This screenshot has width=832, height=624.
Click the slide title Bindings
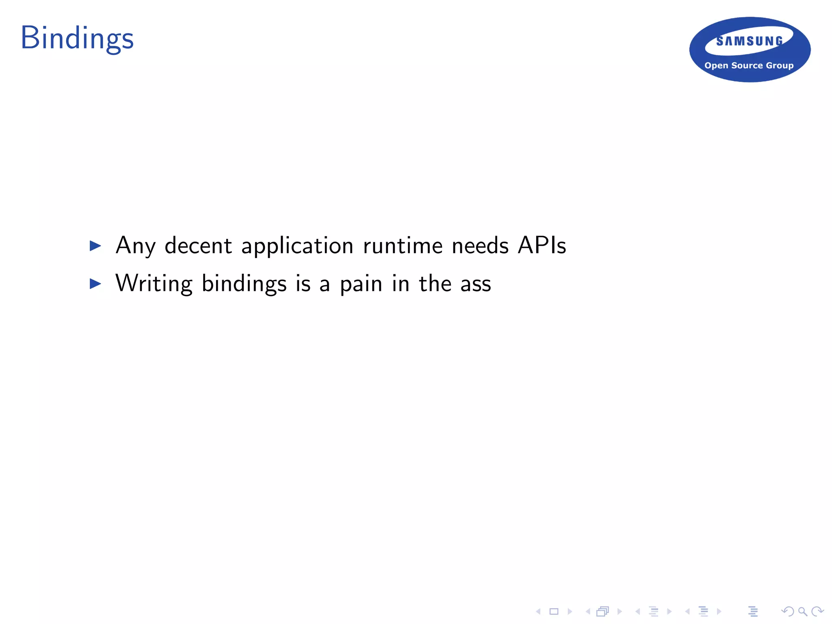(x=77, y=39)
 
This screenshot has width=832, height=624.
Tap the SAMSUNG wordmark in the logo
(x=750, y=41)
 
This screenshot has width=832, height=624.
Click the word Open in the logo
(x=716, y=65)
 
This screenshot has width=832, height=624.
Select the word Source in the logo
(x=747, y=65)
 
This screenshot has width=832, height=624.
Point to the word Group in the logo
(x=780, y=66)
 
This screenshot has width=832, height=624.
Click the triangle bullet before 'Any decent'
(x=95, y=245)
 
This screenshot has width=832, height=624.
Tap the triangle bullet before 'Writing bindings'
(x=95, y=284)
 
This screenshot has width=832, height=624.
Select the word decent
(x=198, y=245)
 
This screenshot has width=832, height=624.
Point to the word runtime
(x=403, y=245)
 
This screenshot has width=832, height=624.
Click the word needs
(x=480, y=245)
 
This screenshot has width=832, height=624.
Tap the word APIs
(x=542, y=245)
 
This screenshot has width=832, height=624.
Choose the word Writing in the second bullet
(x=154, y=284)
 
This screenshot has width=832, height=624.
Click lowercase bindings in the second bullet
(x=244, y=284)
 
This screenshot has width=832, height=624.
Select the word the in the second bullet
(x=435, y=283)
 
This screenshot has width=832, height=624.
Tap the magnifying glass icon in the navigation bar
(x=802, y=611)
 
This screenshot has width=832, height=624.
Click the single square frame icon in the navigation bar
(x=554, y=611)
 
